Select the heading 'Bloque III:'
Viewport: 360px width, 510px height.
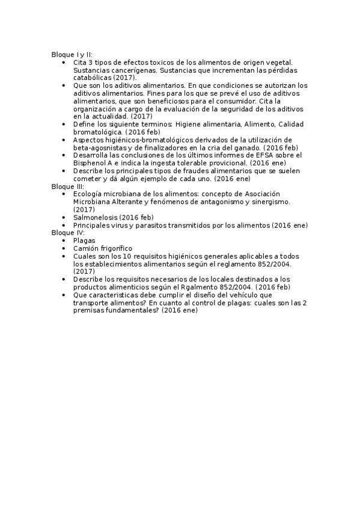pyautogui.click(x=67, y=186)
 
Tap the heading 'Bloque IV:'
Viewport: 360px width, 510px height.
pyautogui.click(x=68, y=232)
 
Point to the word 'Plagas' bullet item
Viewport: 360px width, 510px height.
pyautogui.click(x=84, y=240)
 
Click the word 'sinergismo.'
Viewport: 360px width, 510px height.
pyautogui.click(x=269, y=201)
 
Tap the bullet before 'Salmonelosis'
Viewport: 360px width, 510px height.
pyautogui.click(x=64, y=217)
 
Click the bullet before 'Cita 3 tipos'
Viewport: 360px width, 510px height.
pyautogui.click(x=64, y=62)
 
